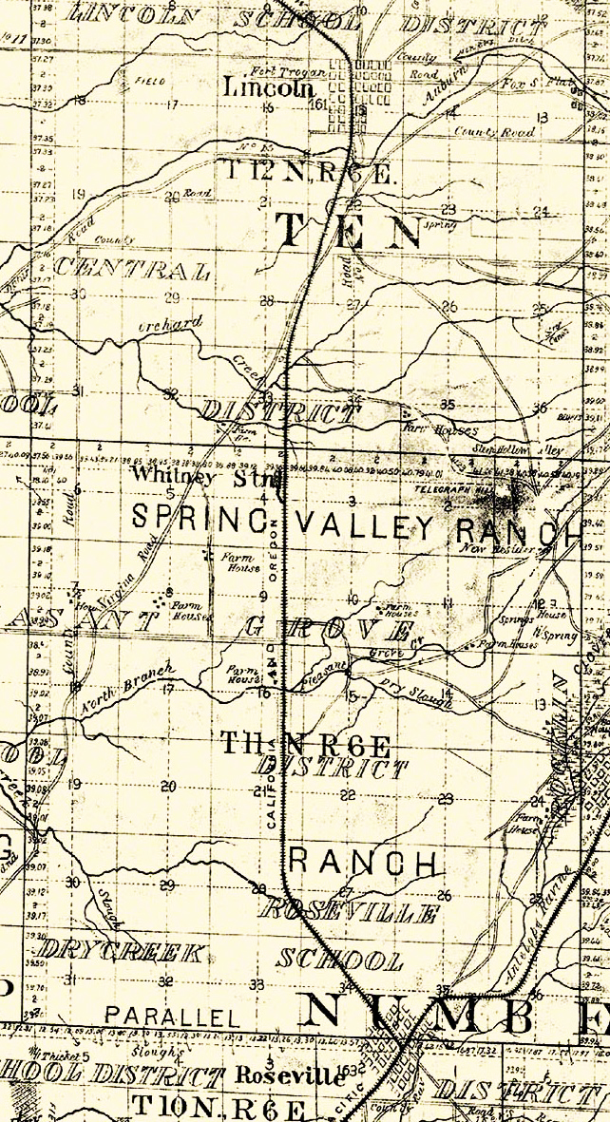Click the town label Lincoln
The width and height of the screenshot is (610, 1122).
(x=268, y=88)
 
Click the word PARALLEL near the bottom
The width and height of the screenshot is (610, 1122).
(x=172, y=1017)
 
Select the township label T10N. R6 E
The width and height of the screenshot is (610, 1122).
(x=218, y=1107)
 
